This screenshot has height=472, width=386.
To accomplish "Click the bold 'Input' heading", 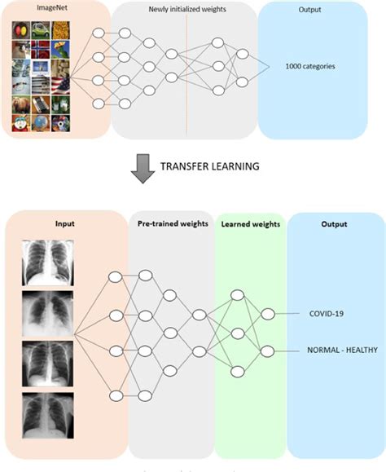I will pyautogui.click(x=64, y=223).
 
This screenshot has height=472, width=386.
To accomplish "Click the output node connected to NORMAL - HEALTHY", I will pyautogui.click(x=265, y=351).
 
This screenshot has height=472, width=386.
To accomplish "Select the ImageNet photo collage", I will pyautogui.click(x=42, y=76).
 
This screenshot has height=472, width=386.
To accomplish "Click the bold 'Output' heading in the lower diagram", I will pyautogui.click(x=334, y=224).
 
